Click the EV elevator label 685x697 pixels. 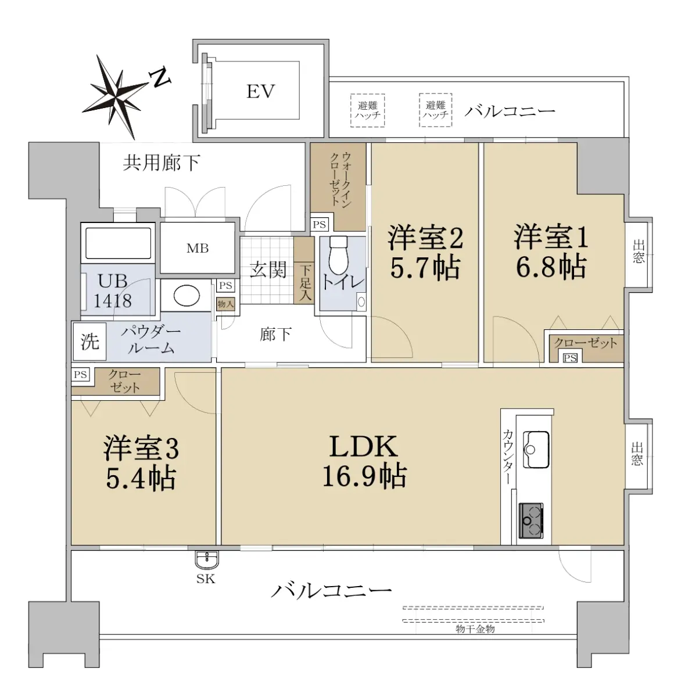[260, 92]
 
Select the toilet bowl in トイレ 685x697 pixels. [339, 256]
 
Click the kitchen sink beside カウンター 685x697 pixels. [536, 449]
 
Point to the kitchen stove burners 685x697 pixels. [531, 520]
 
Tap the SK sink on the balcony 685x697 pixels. [207, 561]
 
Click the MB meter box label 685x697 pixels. [198, 248]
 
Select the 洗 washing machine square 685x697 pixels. [89, 341]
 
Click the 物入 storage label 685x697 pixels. [225, 304]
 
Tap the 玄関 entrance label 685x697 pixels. [268, 270]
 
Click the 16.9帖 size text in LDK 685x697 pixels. [364, 476]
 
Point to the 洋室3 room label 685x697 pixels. [141, 448]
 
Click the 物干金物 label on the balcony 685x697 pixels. [475, 629]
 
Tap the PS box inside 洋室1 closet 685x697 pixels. [570, 358]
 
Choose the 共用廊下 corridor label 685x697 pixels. [162, 163]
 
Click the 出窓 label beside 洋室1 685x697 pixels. [639, 252]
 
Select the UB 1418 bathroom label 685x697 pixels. [113, 290]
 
